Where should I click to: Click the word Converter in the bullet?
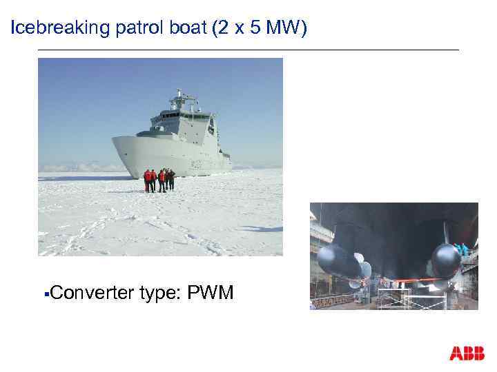click(x=91, y=293)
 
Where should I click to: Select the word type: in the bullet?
click(x=160, y=293)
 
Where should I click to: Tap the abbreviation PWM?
click(x=211, y=293)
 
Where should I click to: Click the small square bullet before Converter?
click(x=45, y=295)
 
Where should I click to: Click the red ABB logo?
click(x=467, y=353)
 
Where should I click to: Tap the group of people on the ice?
click(x=159, y=180)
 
